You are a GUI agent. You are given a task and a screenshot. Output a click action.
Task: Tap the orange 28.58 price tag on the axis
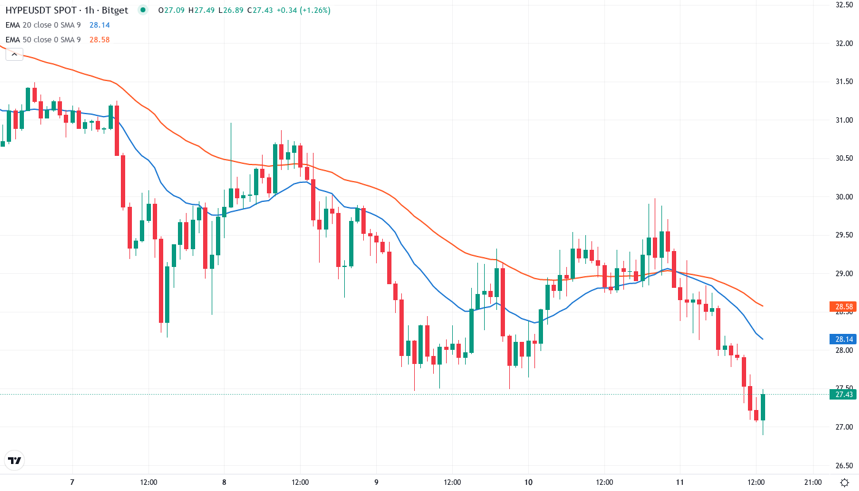click(842, 306)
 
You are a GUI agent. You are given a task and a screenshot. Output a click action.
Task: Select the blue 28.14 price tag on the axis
click(842, 339)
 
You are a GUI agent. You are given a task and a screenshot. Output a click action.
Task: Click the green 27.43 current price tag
click(842, 395)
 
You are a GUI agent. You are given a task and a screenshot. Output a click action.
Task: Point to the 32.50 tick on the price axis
click(844, 5)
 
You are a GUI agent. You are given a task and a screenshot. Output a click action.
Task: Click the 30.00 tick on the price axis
click(844, 196)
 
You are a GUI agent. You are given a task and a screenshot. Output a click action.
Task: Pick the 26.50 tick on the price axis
click(844, 465)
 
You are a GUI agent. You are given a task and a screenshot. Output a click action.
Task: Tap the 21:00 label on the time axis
click(812, 482)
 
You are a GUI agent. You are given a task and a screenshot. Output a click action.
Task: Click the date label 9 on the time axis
click(376, 482)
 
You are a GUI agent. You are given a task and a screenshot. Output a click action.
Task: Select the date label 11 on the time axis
click(680, 482)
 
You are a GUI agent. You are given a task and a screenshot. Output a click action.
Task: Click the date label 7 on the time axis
click(72, 482)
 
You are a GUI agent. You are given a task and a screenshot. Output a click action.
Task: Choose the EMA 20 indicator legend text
click(43, 25)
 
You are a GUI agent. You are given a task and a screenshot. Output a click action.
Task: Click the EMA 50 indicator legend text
click(43, 39)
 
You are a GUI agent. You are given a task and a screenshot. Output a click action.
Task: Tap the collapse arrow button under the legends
click(14, 54)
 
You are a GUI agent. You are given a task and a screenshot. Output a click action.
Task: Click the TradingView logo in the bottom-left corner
click(15, 460)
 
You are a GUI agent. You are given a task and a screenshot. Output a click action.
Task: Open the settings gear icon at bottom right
click(844, 482)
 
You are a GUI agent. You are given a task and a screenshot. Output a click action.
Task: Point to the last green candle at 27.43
click(763, 408)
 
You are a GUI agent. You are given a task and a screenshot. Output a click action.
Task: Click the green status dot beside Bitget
click(143, 10)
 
